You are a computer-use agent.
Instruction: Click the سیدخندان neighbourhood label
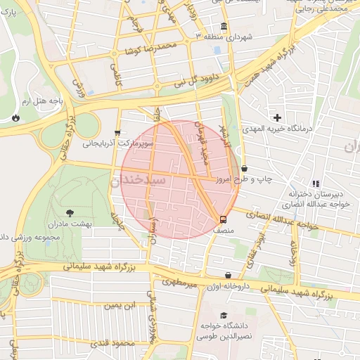point(137,180)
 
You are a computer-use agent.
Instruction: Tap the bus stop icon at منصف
point(223,219)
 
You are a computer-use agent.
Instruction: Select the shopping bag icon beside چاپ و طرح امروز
point(244,169)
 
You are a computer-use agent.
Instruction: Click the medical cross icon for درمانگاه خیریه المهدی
point(278,117)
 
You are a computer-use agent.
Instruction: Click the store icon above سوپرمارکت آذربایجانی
point(117,131)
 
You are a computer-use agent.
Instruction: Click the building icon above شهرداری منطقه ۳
point(224,25)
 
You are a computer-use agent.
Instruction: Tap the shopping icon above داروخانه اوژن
point(228,276)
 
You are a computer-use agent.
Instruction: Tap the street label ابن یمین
point(118,306)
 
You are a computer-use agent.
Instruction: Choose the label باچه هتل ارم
point(44,102)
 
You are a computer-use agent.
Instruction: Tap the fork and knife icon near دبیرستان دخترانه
point(316,184)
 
